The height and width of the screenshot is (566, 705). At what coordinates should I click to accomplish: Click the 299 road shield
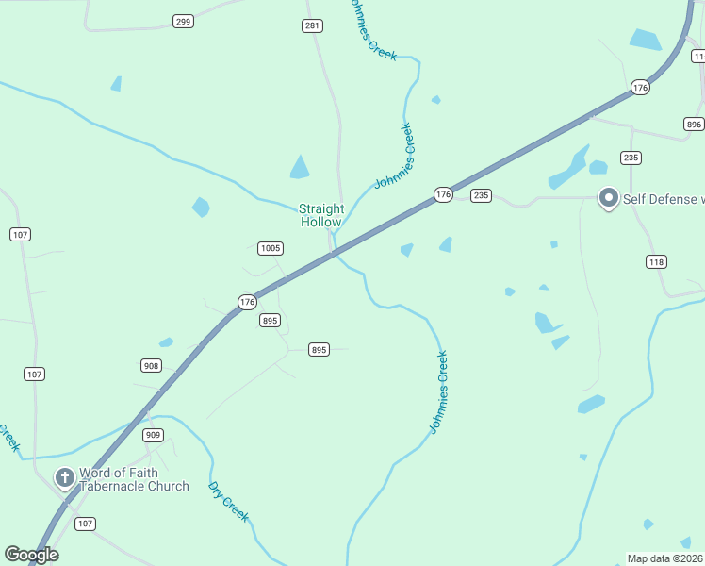click(184, 21)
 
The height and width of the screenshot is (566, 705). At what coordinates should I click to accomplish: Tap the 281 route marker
click(312, 25)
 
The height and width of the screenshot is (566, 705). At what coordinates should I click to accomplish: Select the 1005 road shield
click(271, 248)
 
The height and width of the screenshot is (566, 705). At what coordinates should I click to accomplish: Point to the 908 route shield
click(151, 365)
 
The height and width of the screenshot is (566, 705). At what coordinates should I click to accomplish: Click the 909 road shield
click(154, 435)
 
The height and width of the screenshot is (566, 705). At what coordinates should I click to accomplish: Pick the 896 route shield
click(694, 125)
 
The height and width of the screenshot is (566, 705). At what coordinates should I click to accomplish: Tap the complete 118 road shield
click(656, 261)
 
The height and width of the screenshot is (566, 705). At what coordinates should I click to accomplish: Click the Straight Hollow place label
click(321, 215)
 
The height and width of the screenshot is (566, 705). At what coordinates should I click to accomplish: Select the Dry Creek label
click(228, 502)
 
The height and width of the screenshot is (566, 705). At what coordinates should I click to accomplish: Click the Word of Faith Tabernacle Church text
click(134, 479)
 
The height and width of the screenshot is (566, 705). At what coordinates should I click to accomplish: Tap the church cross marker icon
click(65, 478)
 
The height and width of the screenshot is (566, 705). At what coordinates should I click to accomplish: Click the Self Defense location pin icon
click(609, 198)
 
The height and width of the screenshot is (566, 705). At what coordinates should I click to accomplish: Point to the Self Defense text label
click(663, 199)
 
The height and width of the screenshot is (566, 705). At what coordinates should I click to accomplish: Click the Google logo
click(31, 555)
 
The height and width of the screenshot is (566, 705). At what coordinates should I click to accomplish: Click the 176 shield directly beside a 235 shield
click(443, 194)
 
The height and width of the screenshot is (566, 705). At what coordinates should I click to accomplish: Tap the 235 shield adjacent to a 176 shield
click(481, 195)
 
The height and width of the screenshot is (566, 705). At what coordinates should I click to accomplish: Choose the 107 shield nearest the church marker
click(85, 524)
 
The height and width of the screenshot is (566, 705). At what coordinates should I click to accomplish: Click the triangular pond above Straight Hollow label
click(300, 168)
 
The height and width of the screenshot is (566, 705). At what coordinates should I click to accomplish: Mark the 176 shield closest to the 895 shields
click(247, 302)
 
